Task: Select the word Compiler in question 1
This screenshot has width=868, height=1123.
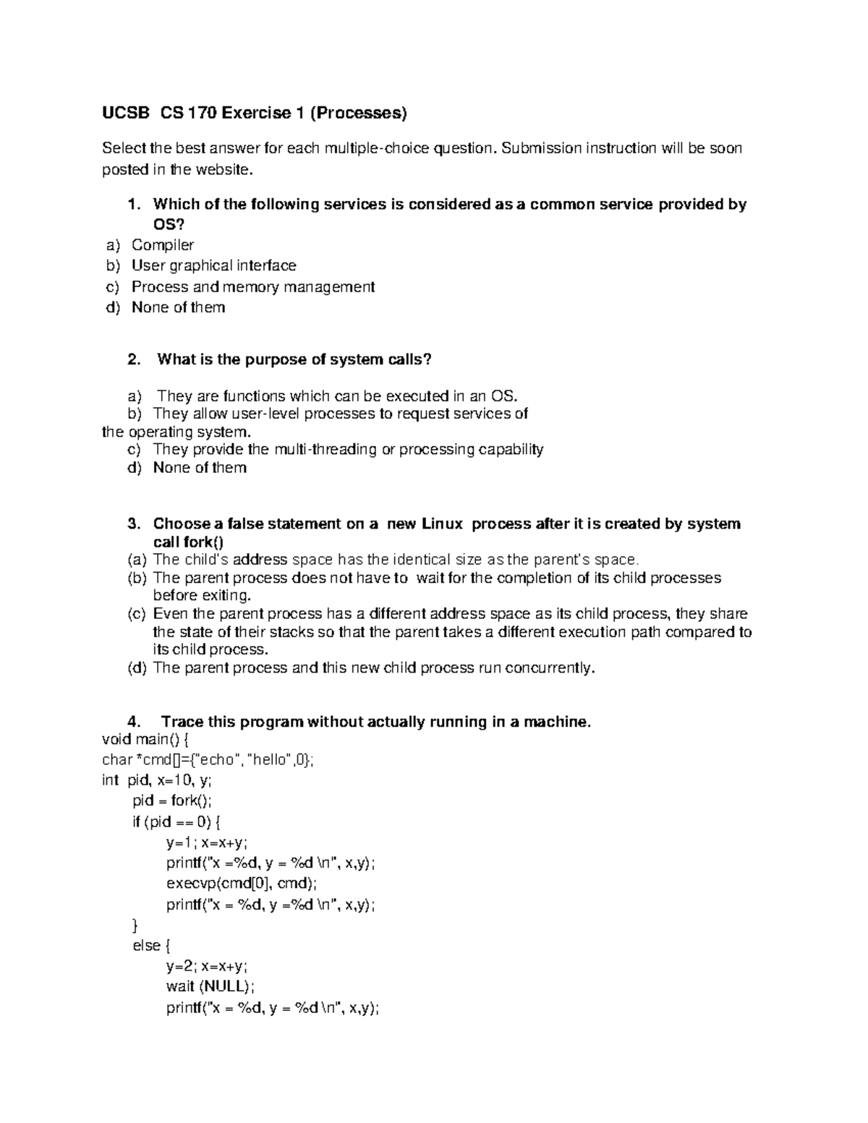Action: pyautogui.click(x=163, y=245)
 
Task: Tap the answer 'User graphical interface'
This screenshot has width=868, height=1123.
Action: pyautogui.click(x=213, y=266)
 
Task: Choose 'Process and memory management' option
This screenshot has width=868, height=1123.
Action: pyautogui.click(x=252, y=287)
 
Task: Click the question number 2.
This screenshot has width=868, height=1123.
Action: pyautogui.click(x=132, y=360)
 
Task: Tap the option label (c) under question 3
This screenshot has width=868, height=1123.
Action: pyautogui.click(x=137, y=614)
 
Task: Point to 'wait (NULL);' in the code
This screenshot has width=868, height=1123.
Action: pyautogui.click(x=210, y=987)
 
